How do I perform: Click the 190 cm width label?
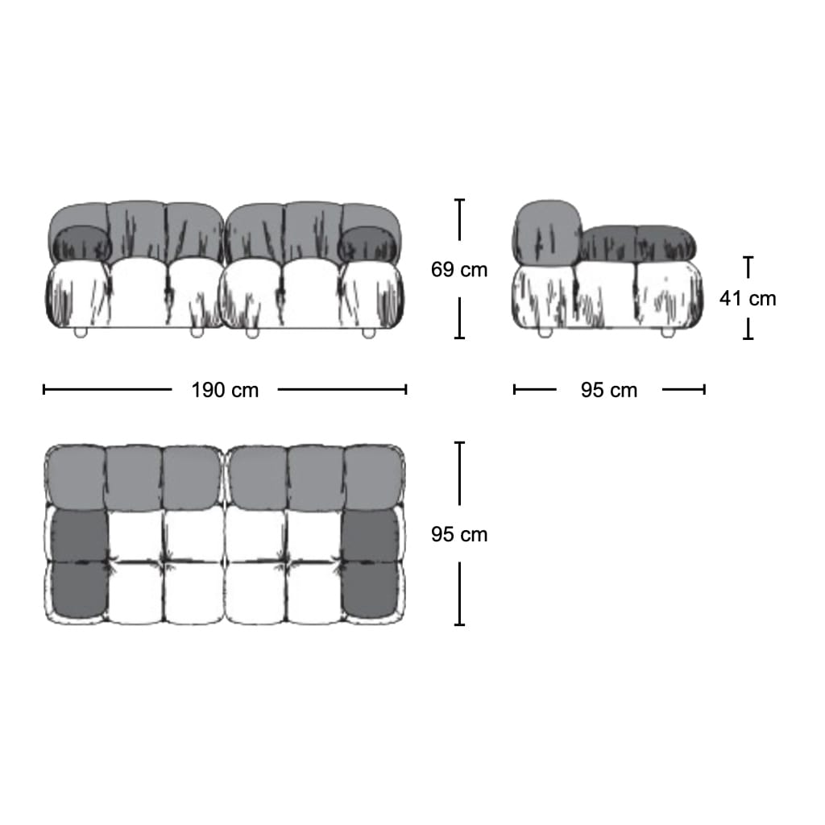(225, 391)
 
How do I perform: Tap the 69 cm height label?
(459, 269)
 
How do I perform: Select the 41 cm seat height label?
(748, 298)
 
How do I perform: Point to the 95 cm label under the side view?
(609, 391)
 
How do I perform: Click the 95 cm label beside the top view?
(459, 534)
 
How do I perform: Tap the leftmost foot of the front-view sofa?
(80, 333)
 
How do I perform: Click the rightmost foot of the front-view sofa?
(368, 333)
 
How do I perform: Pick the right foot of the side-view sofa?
(668, 333)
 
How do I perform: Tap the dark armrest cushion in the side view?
(636, 243)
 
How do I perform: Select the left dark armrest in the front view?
(80, 243)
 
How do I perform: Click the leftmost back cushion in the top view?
(76, 478)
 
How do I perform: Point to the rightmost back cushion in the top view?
(373, 478)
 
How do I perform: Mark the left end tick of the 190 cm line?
(44, 390)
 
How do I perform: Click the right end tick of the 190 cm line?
(406, 390)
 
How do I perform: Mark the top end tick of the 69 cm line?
(459, 201)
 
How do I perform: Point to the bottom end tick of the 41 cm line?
(748, 338)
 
